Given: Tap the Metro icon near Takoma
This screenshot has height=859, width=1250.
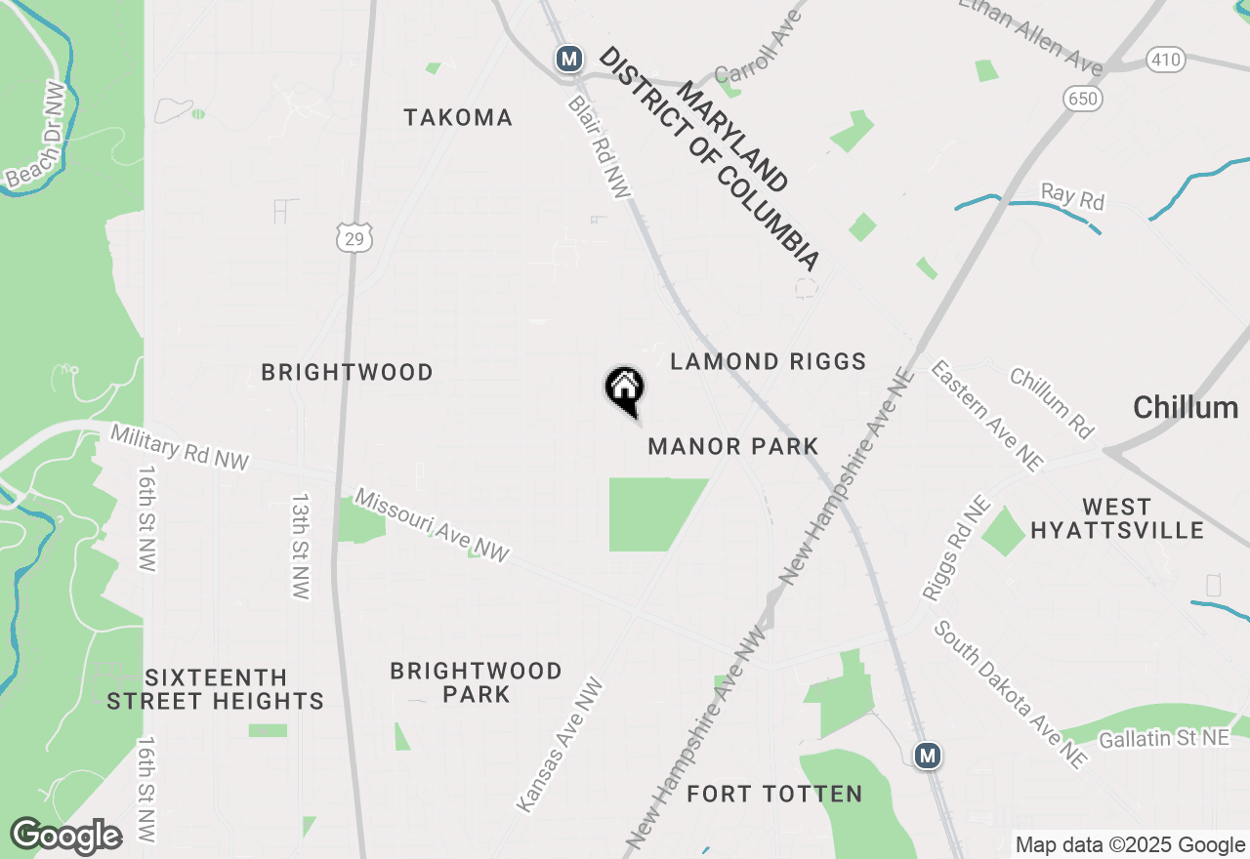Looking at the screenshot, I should [568, 59].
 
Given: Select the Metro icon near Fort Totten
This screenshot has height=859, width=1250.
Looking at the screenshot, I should [927, 755].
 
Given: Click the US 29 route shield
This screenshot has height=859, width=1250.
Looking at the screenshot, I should [355, 235].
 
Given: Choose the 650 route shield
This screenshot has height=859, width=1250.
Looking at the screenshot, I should [1082, 98].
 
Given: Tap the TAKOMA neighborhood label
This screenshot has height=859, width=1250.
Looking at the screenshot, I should [458, 118].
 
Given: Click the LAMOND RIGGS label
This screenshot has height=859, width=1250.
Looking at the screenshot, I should [769, 362].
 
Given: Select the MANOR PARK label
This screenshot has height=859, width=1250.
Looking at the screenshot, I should [733, 447].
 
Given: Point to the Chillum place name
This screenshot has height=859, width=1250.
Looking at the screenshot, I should [1185, 408].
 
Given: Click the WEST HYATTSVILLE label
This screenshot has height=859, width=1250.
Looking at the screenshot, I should [1117, 518].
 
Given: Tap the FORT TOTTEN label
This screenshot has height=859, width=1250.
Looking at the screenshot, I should [774, 795].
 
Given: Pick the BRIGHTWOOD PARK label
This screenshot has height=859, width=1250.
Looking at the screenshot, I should [476, 682].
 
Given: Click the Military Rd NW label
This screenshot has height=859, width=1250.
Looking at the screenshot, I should [180, 446].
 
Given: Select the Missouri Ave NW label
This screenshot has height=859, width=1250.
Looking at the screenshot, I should [432, 525].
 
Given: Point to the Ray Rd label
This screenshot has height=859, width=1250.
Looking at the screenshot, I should [1072, 196].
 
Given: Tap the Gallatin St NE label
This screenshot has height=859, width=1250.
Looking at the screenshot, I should [1164, 739].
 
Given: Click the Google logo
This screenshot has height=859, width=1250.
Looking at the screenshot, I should [65, 837].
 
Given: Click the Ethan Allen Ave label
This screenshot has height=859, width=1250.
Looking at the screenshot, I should [1030, 34].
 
